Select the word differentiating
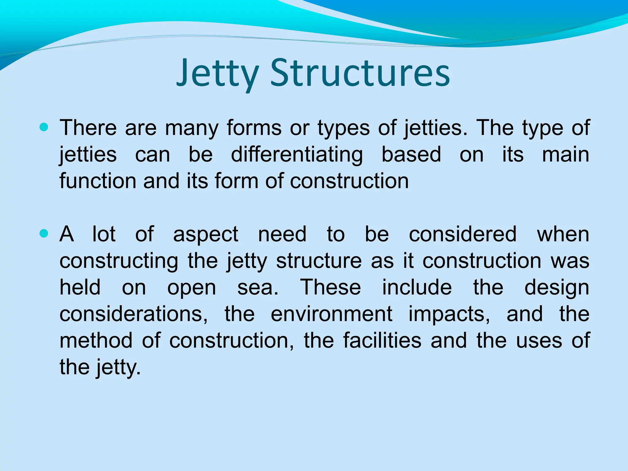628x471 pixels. [297, 154]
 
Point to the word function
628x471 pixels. [98, 181]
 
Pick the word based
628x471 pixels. [411, 154]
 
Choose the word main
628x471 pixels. [565, 154]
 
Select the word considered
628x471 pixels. [463, 234]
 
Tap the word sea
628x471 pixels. [258, 288]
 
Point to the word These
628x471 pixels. [331, 287]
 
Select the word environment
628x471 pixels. [331, 314]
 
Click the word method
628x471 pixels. [96, 340]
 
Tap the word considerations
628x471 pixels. [133, 314]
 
